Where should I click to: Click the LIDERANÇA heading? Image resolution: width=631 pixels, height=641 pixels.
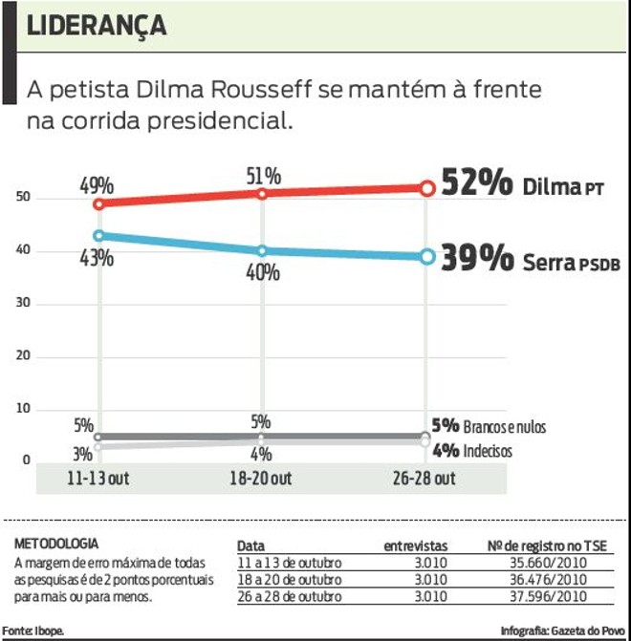pos(97,26)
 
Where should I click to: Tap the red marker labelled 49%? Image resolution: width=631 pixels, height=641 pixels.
pos(98,203)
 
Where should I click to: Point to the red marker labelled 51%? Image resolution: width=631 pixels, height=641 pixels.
pos(261,194)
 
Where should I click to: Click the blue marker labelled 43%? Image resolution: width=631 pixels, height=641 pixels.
pos(98,235)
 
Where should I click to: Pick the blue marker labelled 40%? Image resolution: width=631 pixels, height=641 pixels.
pos(261,250)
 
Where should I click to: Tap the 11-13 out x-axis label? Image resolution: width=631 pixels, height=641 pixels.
pos(98,479)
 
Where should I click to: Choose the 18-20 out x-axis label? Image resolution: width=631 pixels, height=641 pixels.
pos(261,479)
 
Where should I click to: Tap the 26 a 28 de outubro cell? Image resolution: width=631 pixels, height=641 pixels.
pos(289,596)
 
